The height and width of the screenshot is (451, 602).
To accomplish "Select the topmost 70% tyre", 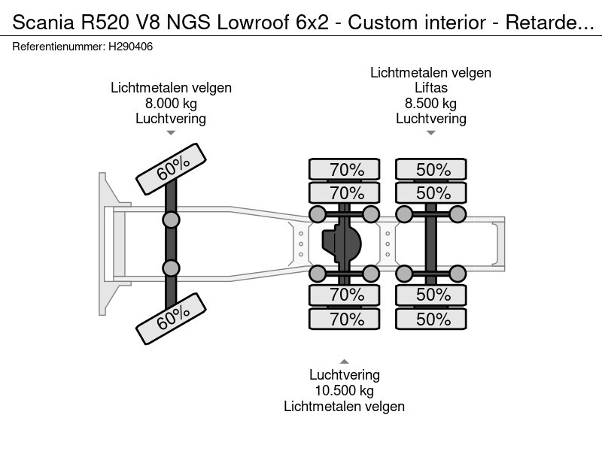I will coord(346,170).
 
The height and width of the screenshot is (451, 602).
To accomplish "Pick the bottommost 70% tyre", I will coord(346,319).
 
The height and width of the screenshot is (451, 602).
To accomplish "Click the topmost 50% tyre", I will coord(433,170).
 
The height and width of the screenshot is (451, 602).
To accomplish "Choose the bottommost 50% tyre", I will coord(433,319).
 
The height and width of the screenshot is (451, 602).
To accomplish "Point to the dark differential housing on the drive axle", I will coord(342,244).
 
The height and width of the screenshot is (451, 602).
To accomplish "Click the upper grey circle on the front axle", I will coord(171,219).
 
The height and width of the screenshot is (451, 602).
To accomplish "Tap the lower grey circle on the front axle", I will coord(171,268).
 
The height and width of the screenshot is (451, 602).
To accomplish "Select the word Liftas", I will coord(431,88).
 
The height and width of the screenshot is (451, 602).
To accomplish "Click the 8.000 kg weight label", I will coord(171,103).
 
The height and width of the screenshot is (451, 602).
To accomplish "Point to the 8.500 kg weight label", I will coord(431,103).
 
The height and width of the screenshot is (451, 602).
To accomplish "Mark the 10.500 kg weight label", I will coord(344,391).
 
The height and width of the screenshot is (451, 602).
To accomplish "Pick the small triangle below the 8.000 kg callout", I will coord(171,133).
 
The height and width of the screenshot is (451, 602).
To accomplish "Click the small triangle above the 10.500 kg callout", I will coord(344,362).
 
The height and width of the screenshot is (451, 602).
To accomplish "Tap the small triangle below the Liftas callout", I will coord(431,133).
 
